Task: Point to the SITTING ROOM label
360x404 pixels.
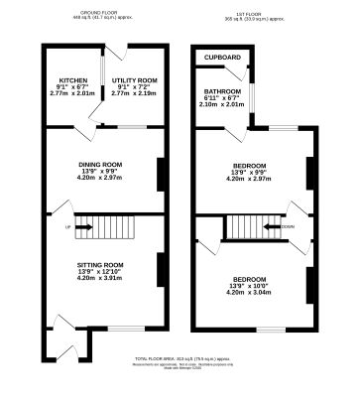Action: pyautogui.click(x=100, y=264)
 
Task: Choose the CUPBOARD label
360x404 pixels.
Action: pyautogui.click(x=222, y=59)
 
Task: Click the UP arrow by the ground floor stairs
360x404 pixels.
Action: pyautogui.click(x=82, y=227)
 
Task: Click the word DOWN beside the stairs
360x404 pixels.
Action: pyautogui.click(x=287, y=226)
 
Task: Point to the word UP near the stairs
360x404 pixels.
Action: pyautogui.click(x=67, y=227)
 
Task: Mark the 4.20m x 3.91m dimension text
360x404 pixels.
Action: pyautogui.click(x=100, y=278)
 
